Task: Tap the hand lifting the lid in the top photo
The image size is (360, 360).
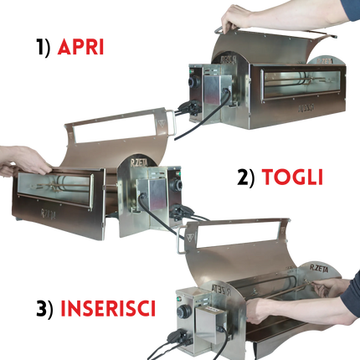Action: pyautogui.click(x=239, y=16)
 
